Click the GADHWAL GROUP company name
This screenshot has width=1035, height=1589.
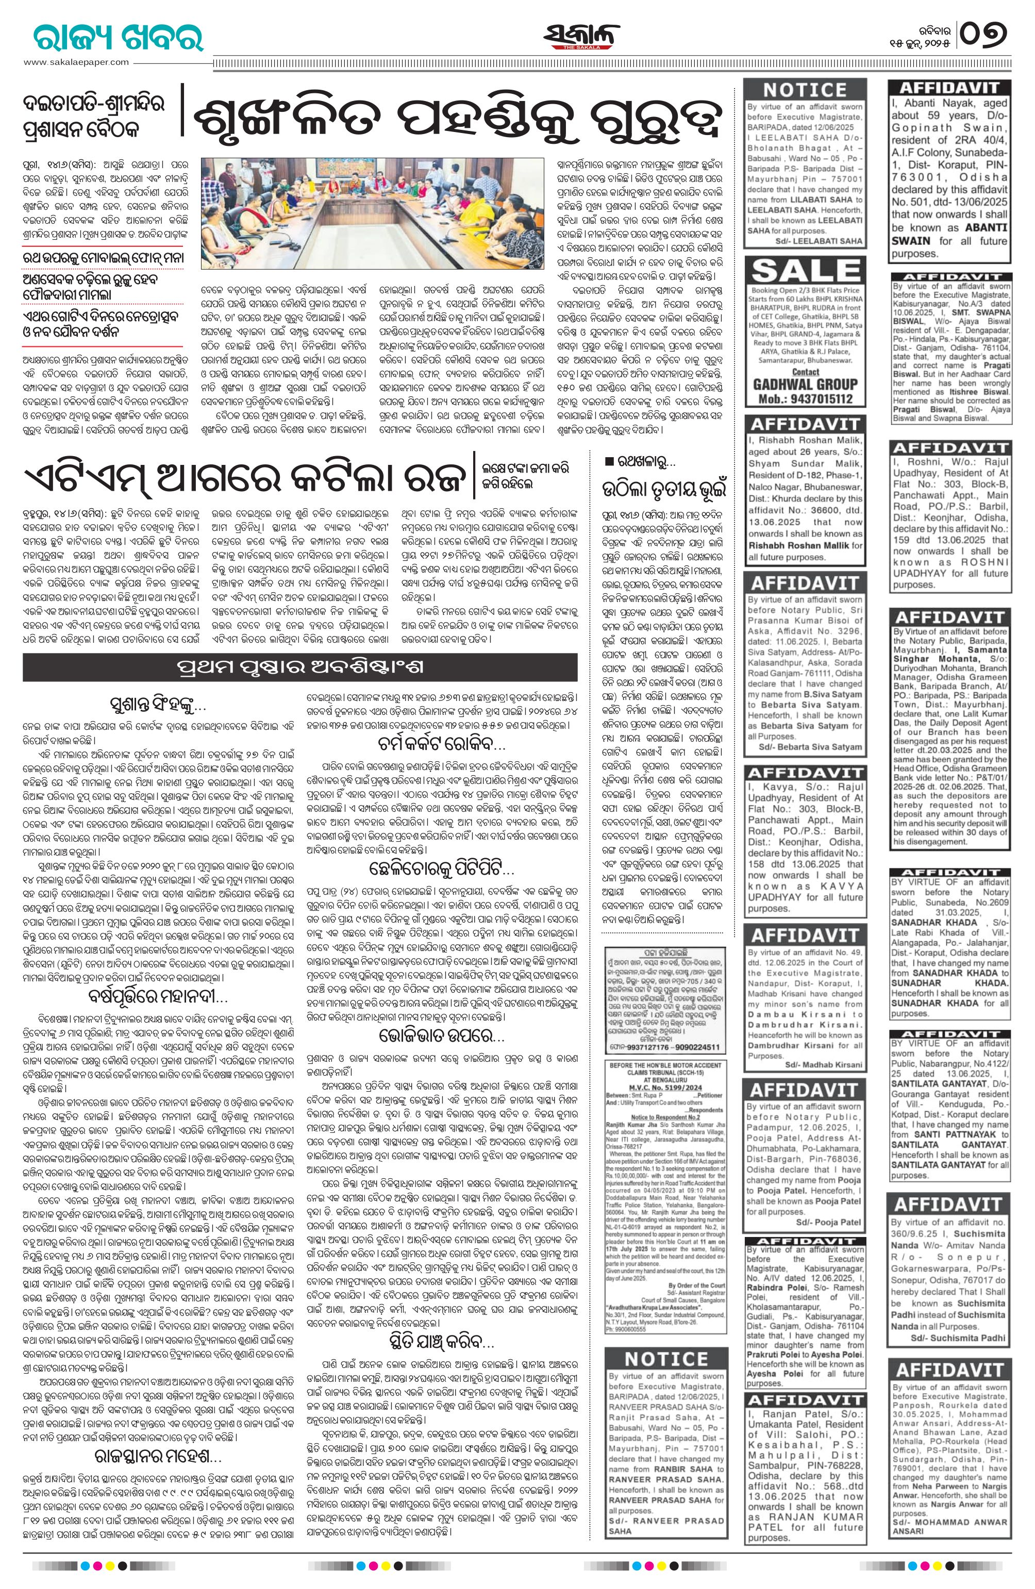click(x=805, y=384)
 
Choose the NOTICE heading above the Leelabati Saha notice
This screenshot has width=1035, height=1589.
click(x=805, y=90)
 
